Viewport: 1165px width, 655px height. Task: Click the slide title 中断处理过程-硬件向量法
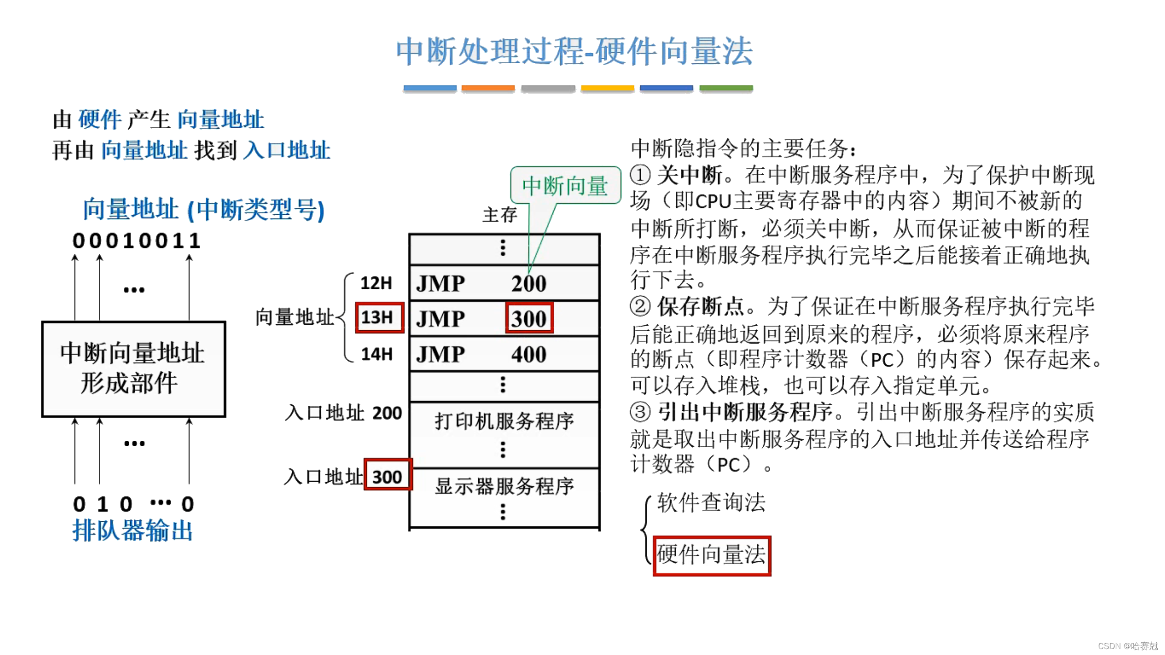[x=574, y=51]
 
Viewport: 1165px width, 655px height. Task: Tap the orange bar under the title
[x=488, y=88]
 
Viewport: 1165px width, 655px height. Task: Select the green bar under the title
[x=726, y=88]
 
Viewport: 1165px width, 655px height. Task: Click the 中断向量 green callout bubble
[x=565, y=186]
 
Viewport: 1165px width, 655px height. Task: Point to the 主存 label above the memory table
[x=500, y=215]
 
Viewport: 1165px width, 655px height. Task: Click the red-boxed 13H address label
[x=379, y=317]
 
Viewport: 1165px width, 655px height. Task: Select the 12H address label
[x=376, y=283]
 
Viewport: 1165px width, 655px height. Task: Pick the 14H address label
[x=376, y=354]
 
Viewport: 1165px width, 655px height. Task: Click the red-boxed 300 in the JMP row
[x=529, y=318]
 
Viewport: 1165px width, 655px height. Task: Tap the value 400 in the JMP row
[x=529, y=354]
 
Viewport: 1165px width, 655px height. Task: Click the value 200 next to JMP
[x=529, y=283]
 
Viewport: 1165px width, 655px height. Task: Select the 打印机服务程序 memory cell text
[x=504, y=421]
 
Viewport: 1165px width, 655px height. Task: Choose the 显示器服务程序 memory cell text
[x=504, y=486]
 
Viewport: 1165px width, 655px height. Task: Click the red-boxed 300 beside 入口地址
[x=387, y=477]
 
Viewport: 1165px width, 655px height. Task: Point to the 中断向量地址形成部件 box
[x=133, y=369]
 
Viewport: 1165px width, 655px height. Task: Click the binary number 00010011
[x=137, y=241]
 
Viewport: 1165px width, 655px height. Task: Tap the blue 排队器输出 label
[x=132, y=530]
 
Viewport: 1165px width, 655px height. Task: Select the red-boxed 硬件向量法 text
[x=711, y=555]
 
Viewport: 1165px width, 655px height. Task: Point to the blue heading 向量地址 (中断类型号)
[x=203, y=209]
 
